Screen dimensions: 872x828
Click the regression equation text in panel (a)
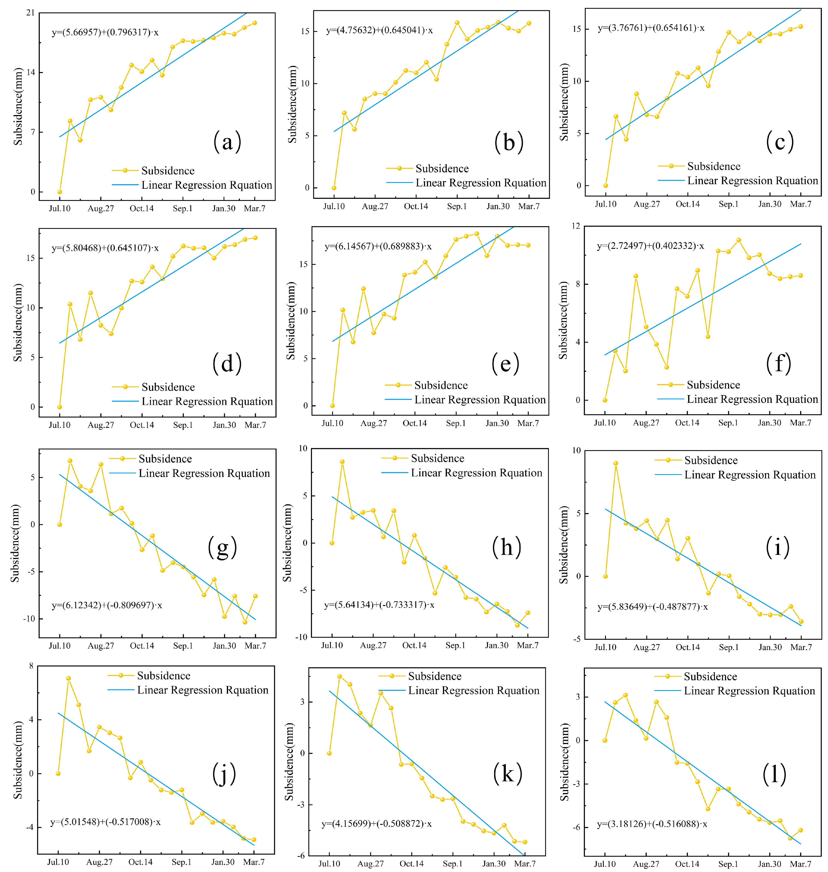[105, 32]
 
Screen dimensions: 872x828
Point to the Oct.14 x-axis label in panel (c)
[688, 204]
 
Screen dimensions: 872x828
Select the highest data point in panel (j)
[68, 678]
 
